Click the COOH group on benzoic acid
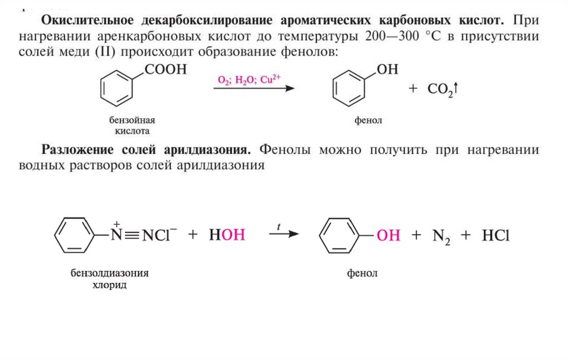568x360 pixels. coord(166,70)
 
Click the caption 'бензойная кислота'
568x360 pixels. coord(132,125)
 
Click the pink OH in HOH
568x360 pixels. coord(234,235)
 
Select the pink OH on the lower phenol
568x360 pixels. coord(388,235)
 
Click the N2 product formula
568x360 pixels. coord(442,236)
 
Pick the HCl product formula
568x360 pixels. coord(495,235)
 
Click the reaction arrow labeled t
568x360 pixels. coord(283,234)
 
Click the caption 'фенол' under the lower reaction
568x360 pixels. coord(362,273)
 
